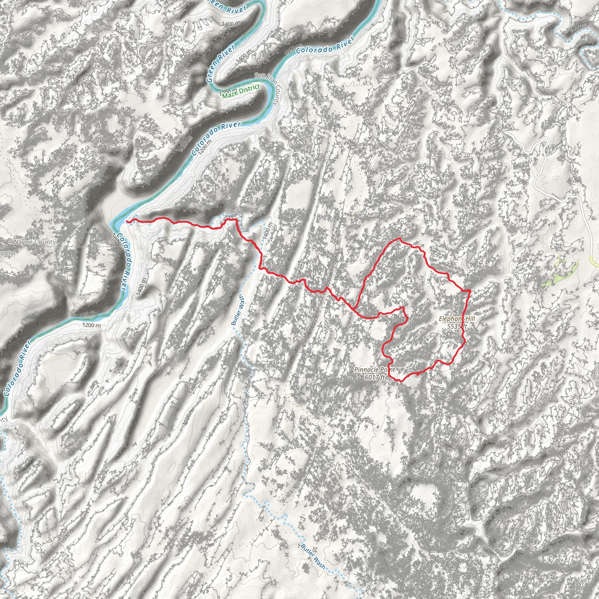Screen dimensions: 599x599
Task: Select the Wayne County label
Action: click(x=34, y=242)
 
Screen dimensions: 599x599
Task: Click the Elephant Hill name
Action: click(x=457, y=319)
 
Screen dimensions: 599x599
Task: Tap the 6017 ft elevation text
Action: click(x=375, y=377)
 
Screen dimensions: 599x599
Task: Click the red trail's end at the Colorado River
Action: click(x=127, y=221)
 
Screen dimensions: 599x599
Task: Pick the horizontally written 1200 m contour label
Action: click(x=92, y=325)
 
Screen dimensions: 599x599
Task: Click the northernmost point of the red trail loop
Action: click(x=399, y=239)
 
